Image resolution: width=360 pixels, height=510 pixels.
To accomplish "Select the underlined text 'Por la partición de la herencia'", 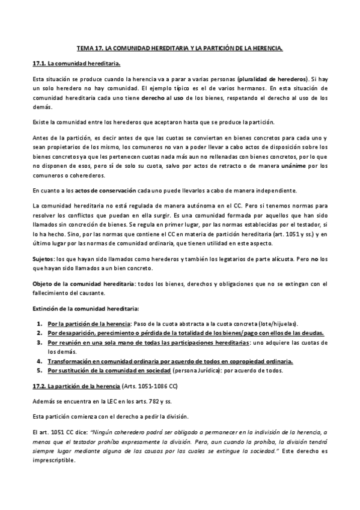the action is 89,323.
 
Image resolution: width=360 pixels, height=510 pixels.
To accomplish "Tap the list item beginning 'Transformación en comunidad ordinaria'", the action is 170,361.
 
